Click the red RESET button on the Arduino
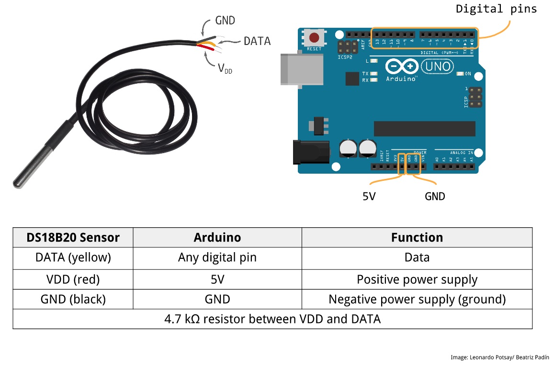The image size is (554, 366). [x=314, y=38]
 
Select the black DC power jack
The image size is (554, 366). [x=311, y=152]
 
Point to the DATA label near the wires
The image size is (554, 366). [x=257, y=41]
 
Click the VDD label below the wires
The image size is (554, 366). [x=225, y=69]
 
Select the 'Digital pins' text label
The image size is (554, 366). [x=496, y=9]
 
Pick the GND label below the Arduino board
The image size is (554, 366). [x=435, y=196]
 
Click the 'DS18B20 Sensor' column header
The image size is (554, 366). [x=73, y=237]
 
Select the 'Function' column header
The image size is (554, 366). [x=417, y=237]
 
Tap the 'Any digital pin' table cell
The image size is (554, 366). [x=217, y=257]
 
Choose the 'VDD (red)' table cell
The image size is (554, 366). [x=73, y=279]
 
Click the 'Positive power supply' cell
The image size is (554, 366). [x=417, y=279]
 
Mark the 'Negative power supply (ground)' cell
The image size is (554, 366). [x=417, y=299]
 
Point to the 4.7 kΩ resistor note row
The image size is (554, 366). [x=272, y=319]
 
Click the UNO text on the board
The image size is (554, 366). [x=438, y=66]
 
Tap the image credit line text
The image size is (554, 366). [x=499, y=357]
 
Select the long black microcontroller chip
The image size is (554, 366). [x=424, y=128]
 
